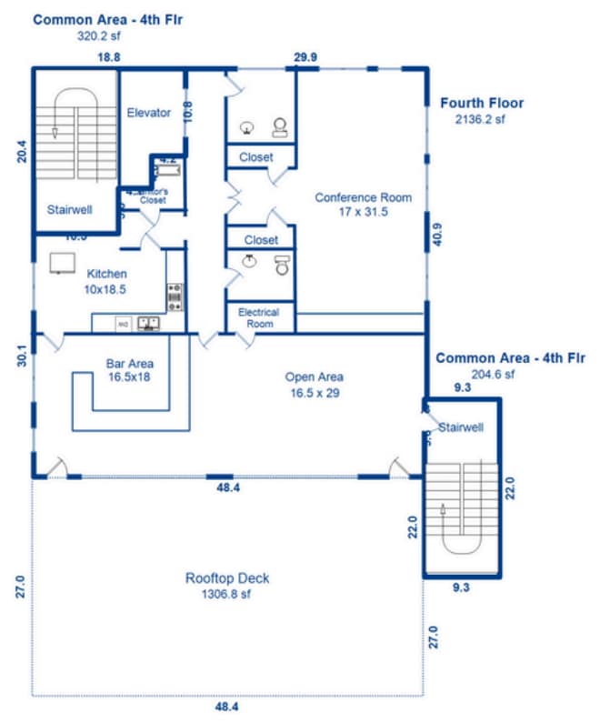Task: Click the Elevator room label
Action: click(149, 113)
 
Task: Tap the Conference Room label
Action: click(363, 197)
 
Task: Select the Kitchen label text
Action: click(106, 274)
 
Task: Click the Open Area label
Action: click(314, 377)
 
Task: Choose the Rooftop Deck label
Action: click(227, 578)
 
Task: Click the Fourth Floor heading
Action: click(482, 103)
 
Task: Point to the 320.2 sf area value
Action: click(97, 36)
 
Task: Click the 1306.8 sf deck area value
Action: click(225, 595)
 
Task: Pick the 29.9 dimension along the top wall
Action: click(305, 57)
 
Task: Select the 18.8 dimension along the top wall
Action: click(109, 57)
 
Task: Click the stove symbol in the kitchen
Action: click(175, 295)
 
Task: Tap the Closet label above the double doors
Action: click(256, 157)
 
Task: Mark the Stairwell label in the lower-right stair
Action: click(461, 427)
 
